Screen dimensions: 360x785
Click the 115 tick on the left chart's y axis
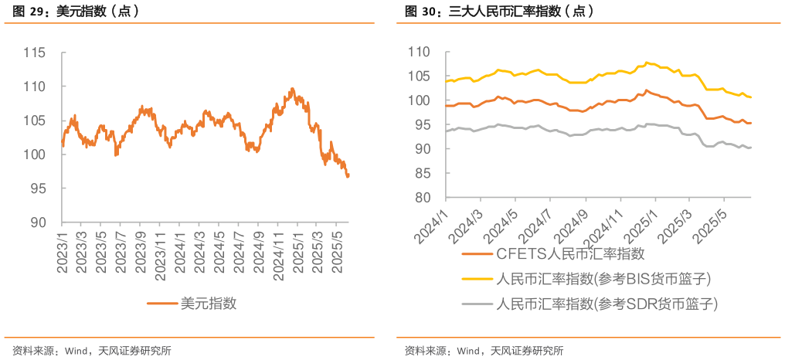(36, 53)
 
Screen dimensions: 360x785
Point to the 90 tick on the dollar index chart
(39, 222)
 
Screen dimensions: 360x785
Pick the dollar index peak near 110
(291, 89)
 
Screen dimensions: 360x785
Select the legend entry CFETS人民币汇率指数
(570, 253)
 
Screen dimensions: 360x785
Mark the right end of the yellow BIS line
(751, 97)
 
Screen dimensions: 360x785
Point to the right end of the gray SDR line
(751, 148)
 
